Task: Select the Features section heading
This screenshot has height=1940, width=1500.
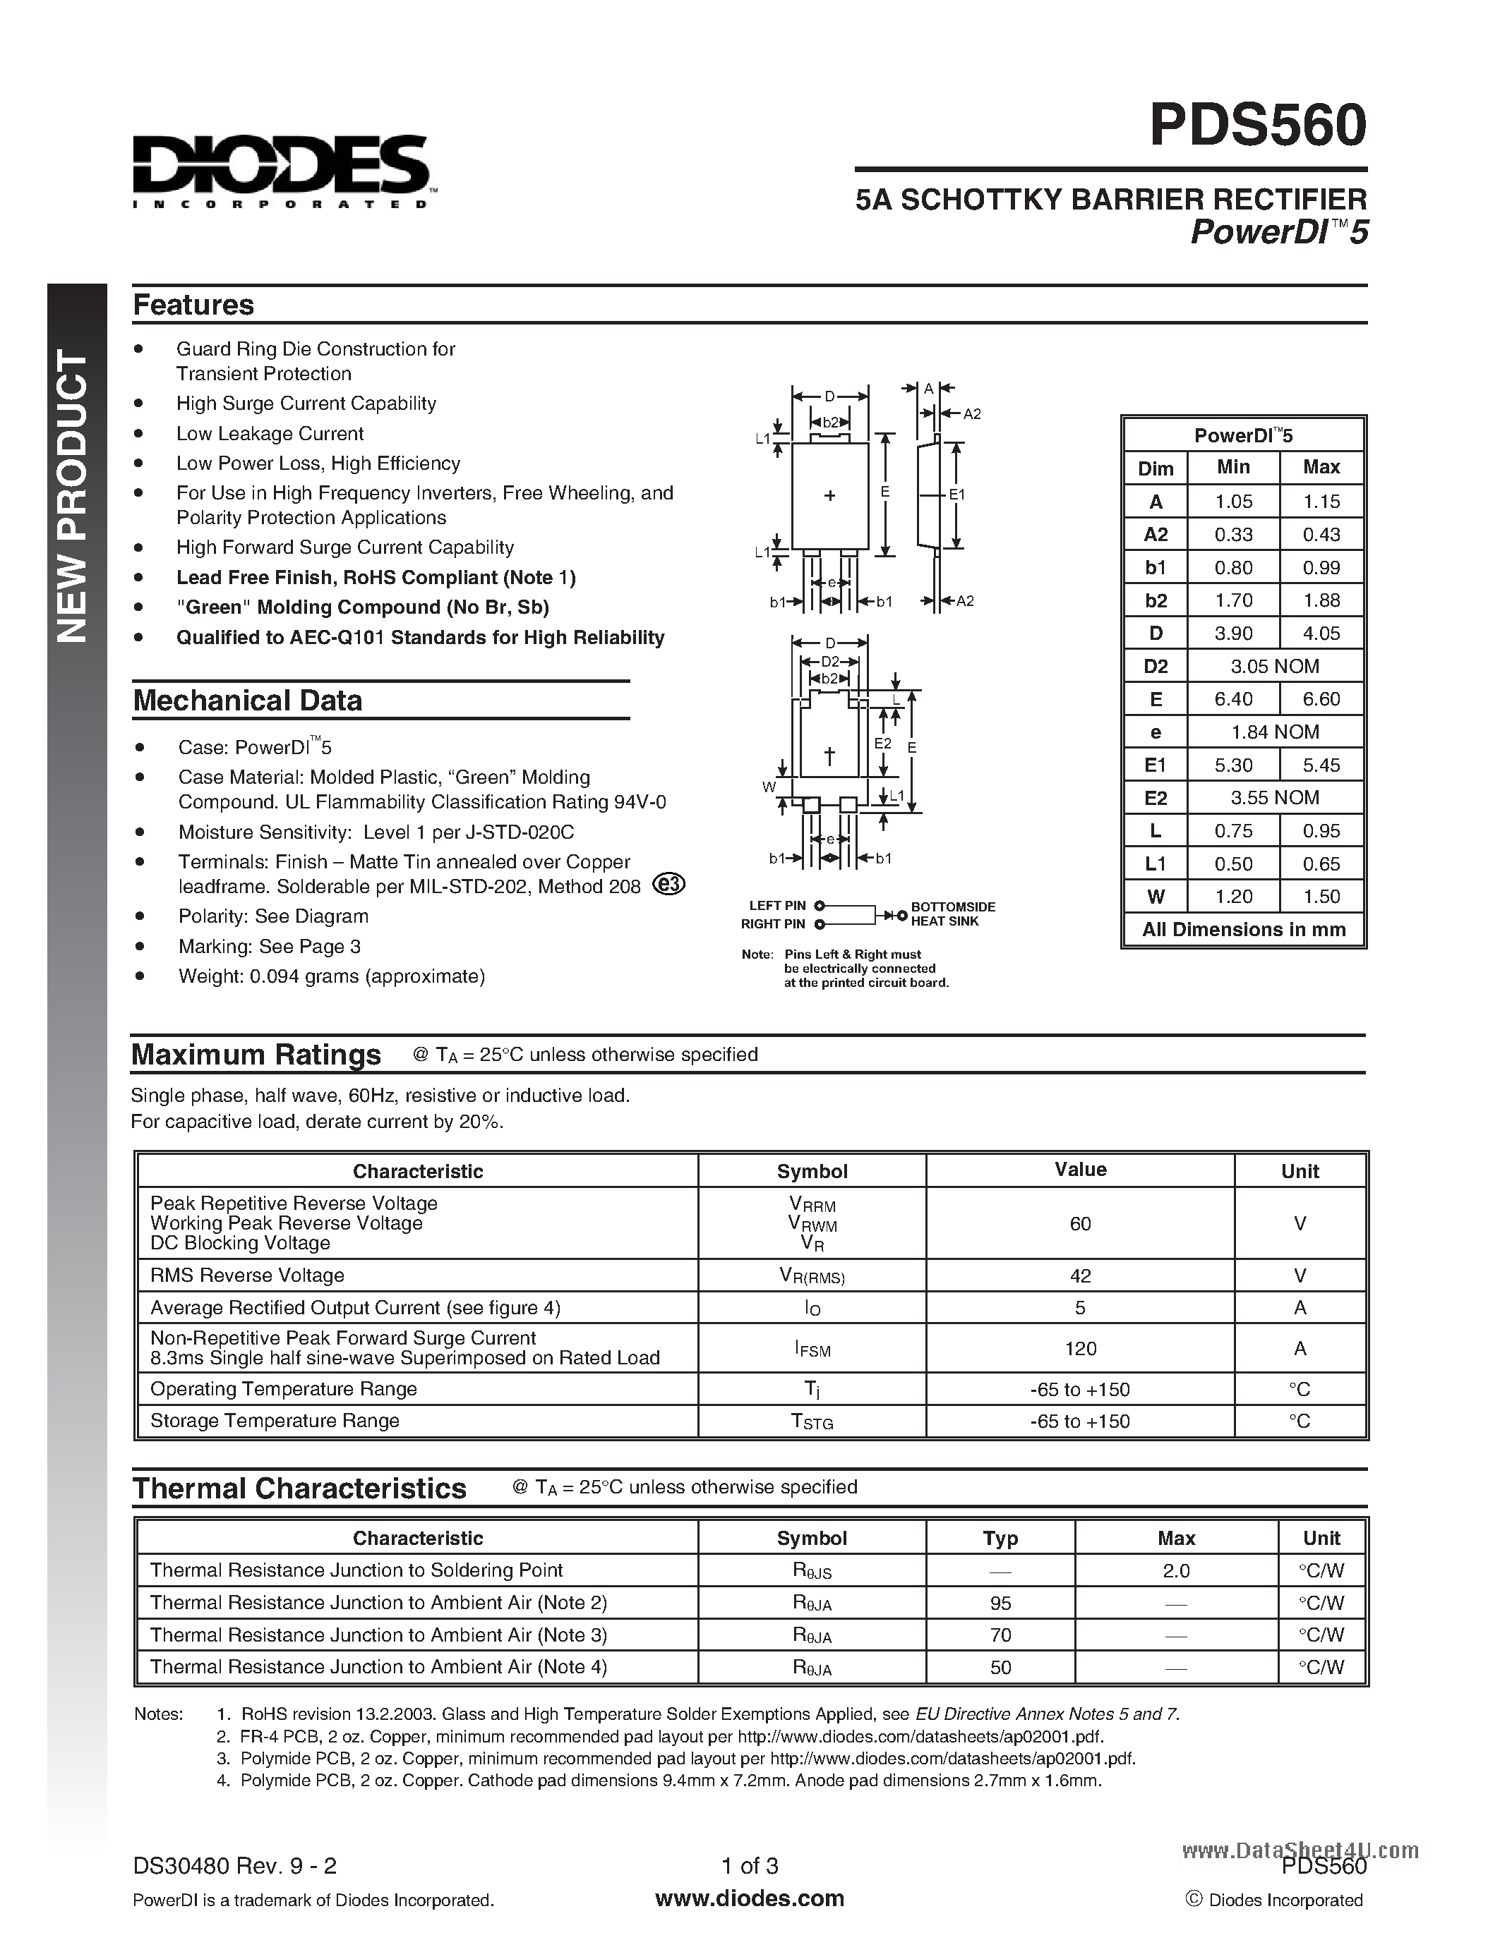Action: (x=193, y=305)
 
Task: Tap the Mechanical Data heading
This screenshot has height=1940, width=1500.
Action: (x=247, y=701)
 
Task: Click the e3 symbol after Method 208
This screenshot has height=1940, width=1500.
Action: (x=669, y=884)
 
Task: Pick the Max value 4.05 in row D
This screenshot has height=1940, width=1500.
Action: (x=1321, y=633)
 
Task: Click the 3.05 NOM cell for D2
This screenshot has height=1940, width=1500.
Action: (x=1274, y=666)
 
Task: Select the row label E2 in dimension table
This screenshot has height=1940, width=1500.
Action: (x=1156, y=798)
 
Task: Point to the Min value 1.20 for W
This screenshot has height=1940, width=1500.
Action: (x=1233, y=896)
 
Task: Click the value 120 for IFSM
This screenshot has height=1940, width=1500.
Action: (x=1080, y=1348)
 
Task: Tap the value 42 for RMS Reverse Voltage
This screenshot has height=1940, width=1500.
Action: (x=1080, y=1275)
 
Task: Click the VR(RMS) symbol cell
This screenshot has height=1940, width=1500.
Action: (x=811, y=1276)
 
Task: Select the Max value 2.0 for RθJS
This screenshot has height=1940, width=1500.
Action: (x=1176, y=1570)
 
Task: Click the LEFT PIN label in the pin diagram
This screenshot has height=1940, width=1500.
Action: (x=776, y=906)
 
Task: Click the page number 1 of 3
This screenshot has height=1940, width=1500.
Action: (x=749, y=1865)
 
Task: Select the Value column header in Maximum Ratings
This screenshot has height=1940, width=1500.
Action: (x=1080, y=1170)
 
